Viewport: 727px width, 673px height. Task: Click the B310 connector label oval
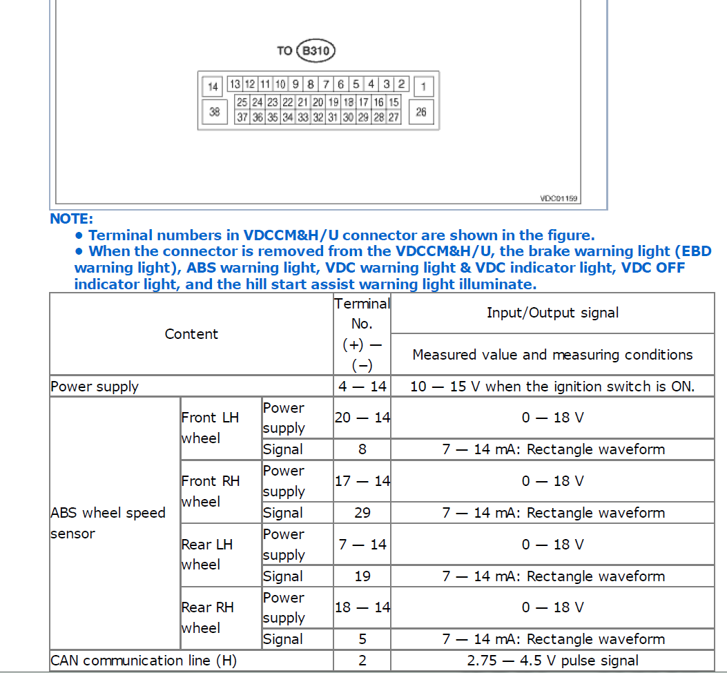(315, 50)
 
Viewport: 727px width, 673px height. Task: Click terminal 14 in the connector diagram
(213, 86)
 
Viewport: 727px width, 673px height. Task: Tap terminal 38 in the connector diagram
(214, 112)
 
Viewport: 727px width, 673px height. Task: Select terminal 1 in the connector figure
(423, 86)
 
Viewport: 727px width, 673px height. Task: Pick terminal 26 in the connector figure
(421, 112)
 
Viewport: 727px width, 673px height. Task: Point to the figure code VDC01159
(559, 199)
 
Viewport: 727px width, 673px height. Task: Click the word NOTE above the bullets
(71, 219)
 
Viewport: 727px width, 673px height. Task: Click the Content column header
(191, 334)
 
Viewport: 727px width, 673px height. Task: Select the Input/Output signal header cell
(552, 313)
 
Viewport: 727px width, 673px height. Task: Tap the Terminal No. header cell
(362, 333)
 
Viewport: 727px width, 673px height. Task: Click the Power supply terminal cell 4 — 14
(362, 387)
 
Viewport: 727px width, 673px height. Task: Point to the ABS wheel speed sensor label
(108, 523)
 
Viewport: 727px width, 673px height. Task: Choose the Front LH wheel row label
(210, 427)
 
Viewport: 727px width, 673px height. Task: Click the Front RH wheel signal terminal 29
(362, 513)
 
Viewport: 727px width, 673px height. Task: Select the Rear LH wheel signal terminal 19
(362, 576)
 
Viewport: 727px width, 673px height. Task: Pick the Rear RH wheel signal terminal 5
(362, 639)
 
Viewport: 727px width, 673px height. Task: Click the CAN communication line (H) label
(143, 661)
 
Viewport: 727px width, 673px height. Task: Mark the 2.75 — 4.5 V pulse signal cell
(552, 661)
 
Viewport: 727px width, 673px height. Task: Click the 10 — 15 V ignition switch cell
(552, 387)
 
